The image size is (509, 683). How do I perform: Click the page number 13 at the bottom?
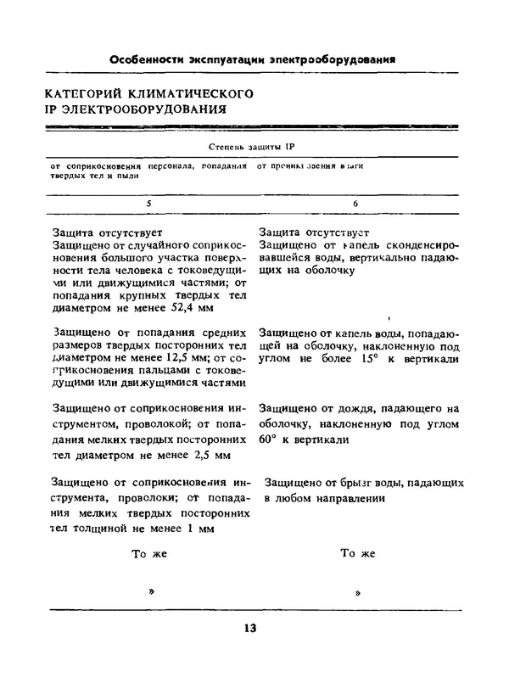pyautogui.click(x=249, y=629)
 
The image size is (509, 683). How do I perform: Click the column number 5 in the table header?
pyautogui.click(x=149, y=204)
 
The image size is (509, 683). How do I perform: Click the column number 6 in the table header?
pyautogui.click(x=355, y=204)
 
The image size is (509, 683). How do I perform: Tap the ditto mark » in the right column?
pyautogui.click(x=358, y=592)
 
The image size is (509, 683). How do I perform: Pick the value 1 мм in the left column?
pyautogui.click(x=199, y=529)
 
